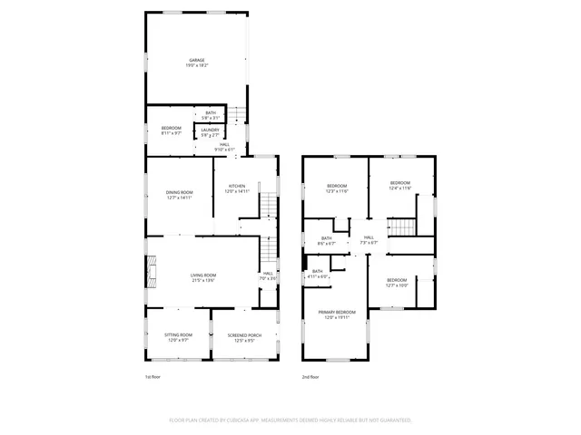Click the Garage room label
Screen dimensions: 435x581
tap(196, 62)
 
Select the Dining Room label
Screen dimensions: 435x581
tap(179, 195)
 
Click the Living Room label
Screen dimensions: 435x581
tap(202, 277)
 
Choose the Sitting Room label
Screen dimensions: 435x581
tap(176, 337)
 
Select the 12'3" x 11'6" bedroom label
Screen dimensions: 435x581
tap(337, 188)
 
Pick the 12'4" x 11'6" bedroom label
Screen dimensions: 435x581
tap(400, 186)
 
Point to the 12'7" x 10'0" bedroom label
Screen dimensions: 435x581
tap(397, 283)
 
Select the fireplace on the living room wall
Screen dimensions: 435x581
tap(152, 269)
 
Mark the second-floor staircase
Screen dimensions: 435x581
tap(399, 227)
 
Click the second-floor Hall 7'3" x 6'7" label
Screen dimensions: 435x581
tap(369, 240)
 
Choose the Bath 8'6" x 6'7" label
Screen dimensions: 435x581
tap(327, 241)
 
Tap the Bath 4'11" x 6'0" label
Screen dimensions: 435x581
tap(318, 274)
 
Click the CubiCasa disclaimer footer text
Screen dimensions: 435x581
tap(290, 420)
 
